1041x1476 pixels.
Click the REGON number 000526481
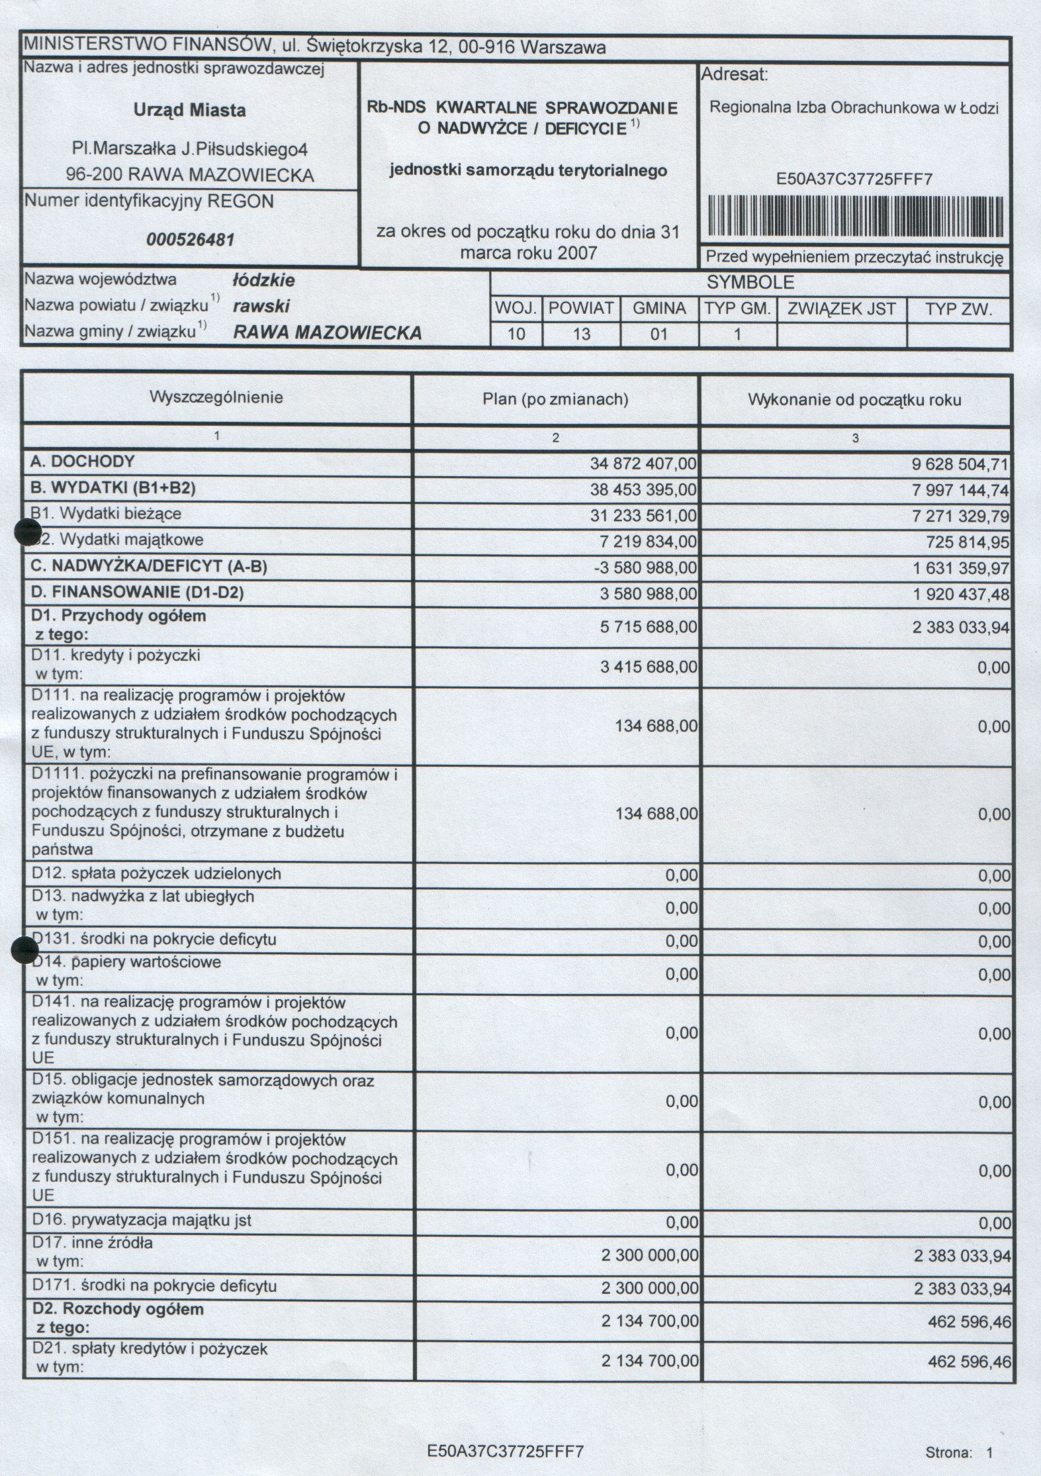191,239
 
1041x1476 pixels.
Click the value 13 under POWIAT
581,334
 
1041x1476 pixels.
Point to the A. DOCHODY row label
83,462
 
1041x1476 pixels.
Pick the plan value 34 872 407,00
643,464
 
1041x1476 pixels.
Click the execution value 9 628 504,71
960,464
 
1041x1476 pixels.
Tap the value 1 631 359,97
961,568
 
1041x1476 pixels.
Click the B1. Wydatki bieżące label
106,514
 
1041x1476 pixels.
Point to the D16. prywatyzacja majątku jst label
142,1220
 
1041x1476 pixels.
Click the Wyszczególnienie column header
216,397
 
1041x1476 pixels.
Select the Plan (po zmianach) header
555,399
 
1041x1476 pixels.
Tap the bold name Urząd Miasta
189,111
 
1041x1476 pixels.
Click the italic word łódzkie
263,280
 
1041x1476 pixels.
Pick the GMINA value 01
659,334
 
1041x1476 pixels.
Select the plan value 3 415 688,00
649,667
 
